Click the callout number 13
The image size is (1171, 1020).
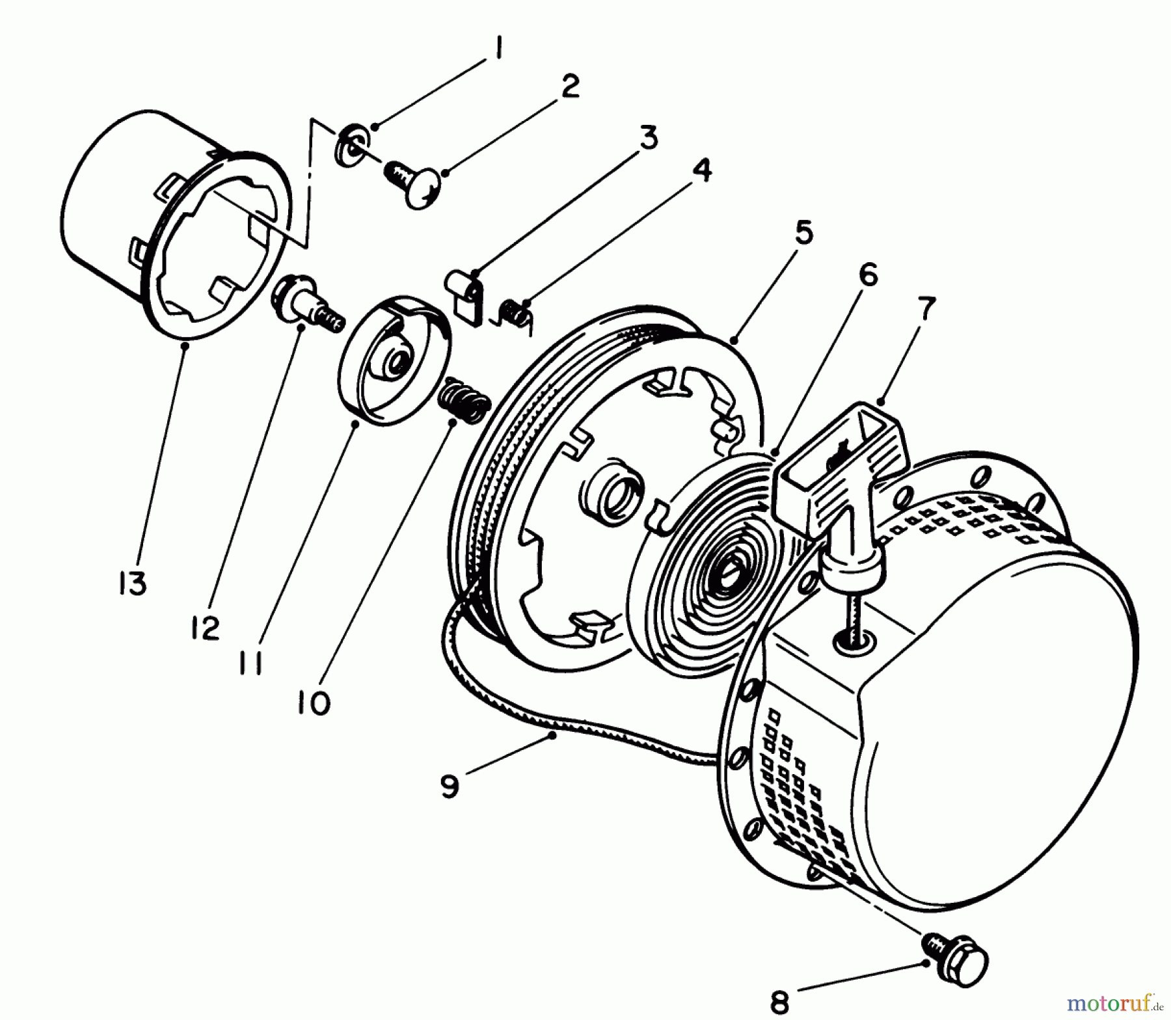(x=132, y=584)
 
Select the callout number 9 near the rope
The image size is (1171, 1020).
(x=449, y=786)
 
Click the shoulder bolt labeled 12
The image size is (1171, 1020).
(x=305, y=303)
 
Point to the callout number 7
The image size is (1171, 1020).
(x=924, y=310)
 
